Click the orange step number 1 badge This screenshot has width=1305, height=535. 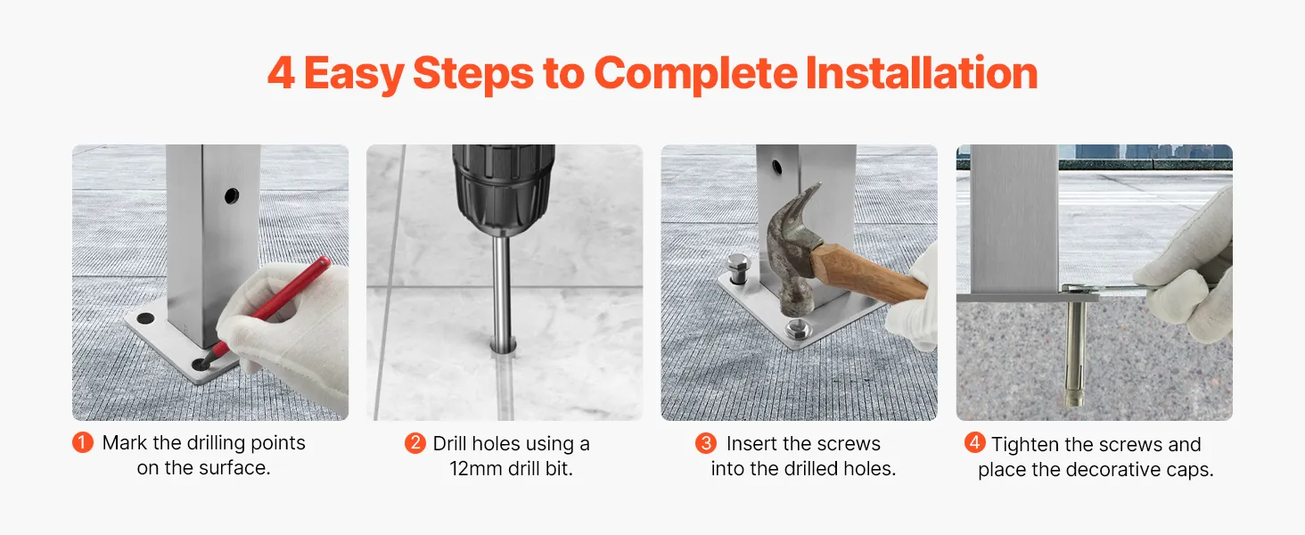tap(83, 442)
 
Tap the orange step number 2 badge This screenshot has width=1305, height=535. tap(414, 443)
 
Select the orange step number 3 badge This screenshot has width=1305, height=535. tap(705, 443)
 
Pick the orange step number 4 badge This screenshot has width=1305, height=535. tap(974, 442)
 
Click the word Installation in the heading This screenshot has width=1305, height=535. tap(921, 73)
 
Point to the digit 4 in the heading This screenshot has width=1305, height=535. tap(281, 73)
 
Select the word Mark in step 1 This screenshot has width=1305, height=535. tap(125, 443)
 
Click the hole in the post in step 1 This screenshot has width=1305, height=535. tap(232, 195)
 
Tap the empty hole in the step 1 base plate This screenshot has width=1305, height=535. tap(145, 319)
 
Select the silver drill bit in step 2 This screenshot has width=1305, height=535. tap(502, 292)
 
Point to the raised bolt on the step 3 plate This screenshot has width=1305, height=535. tap(739, 268)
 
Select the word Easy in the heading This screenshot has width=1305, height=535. tap(354, 75)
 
